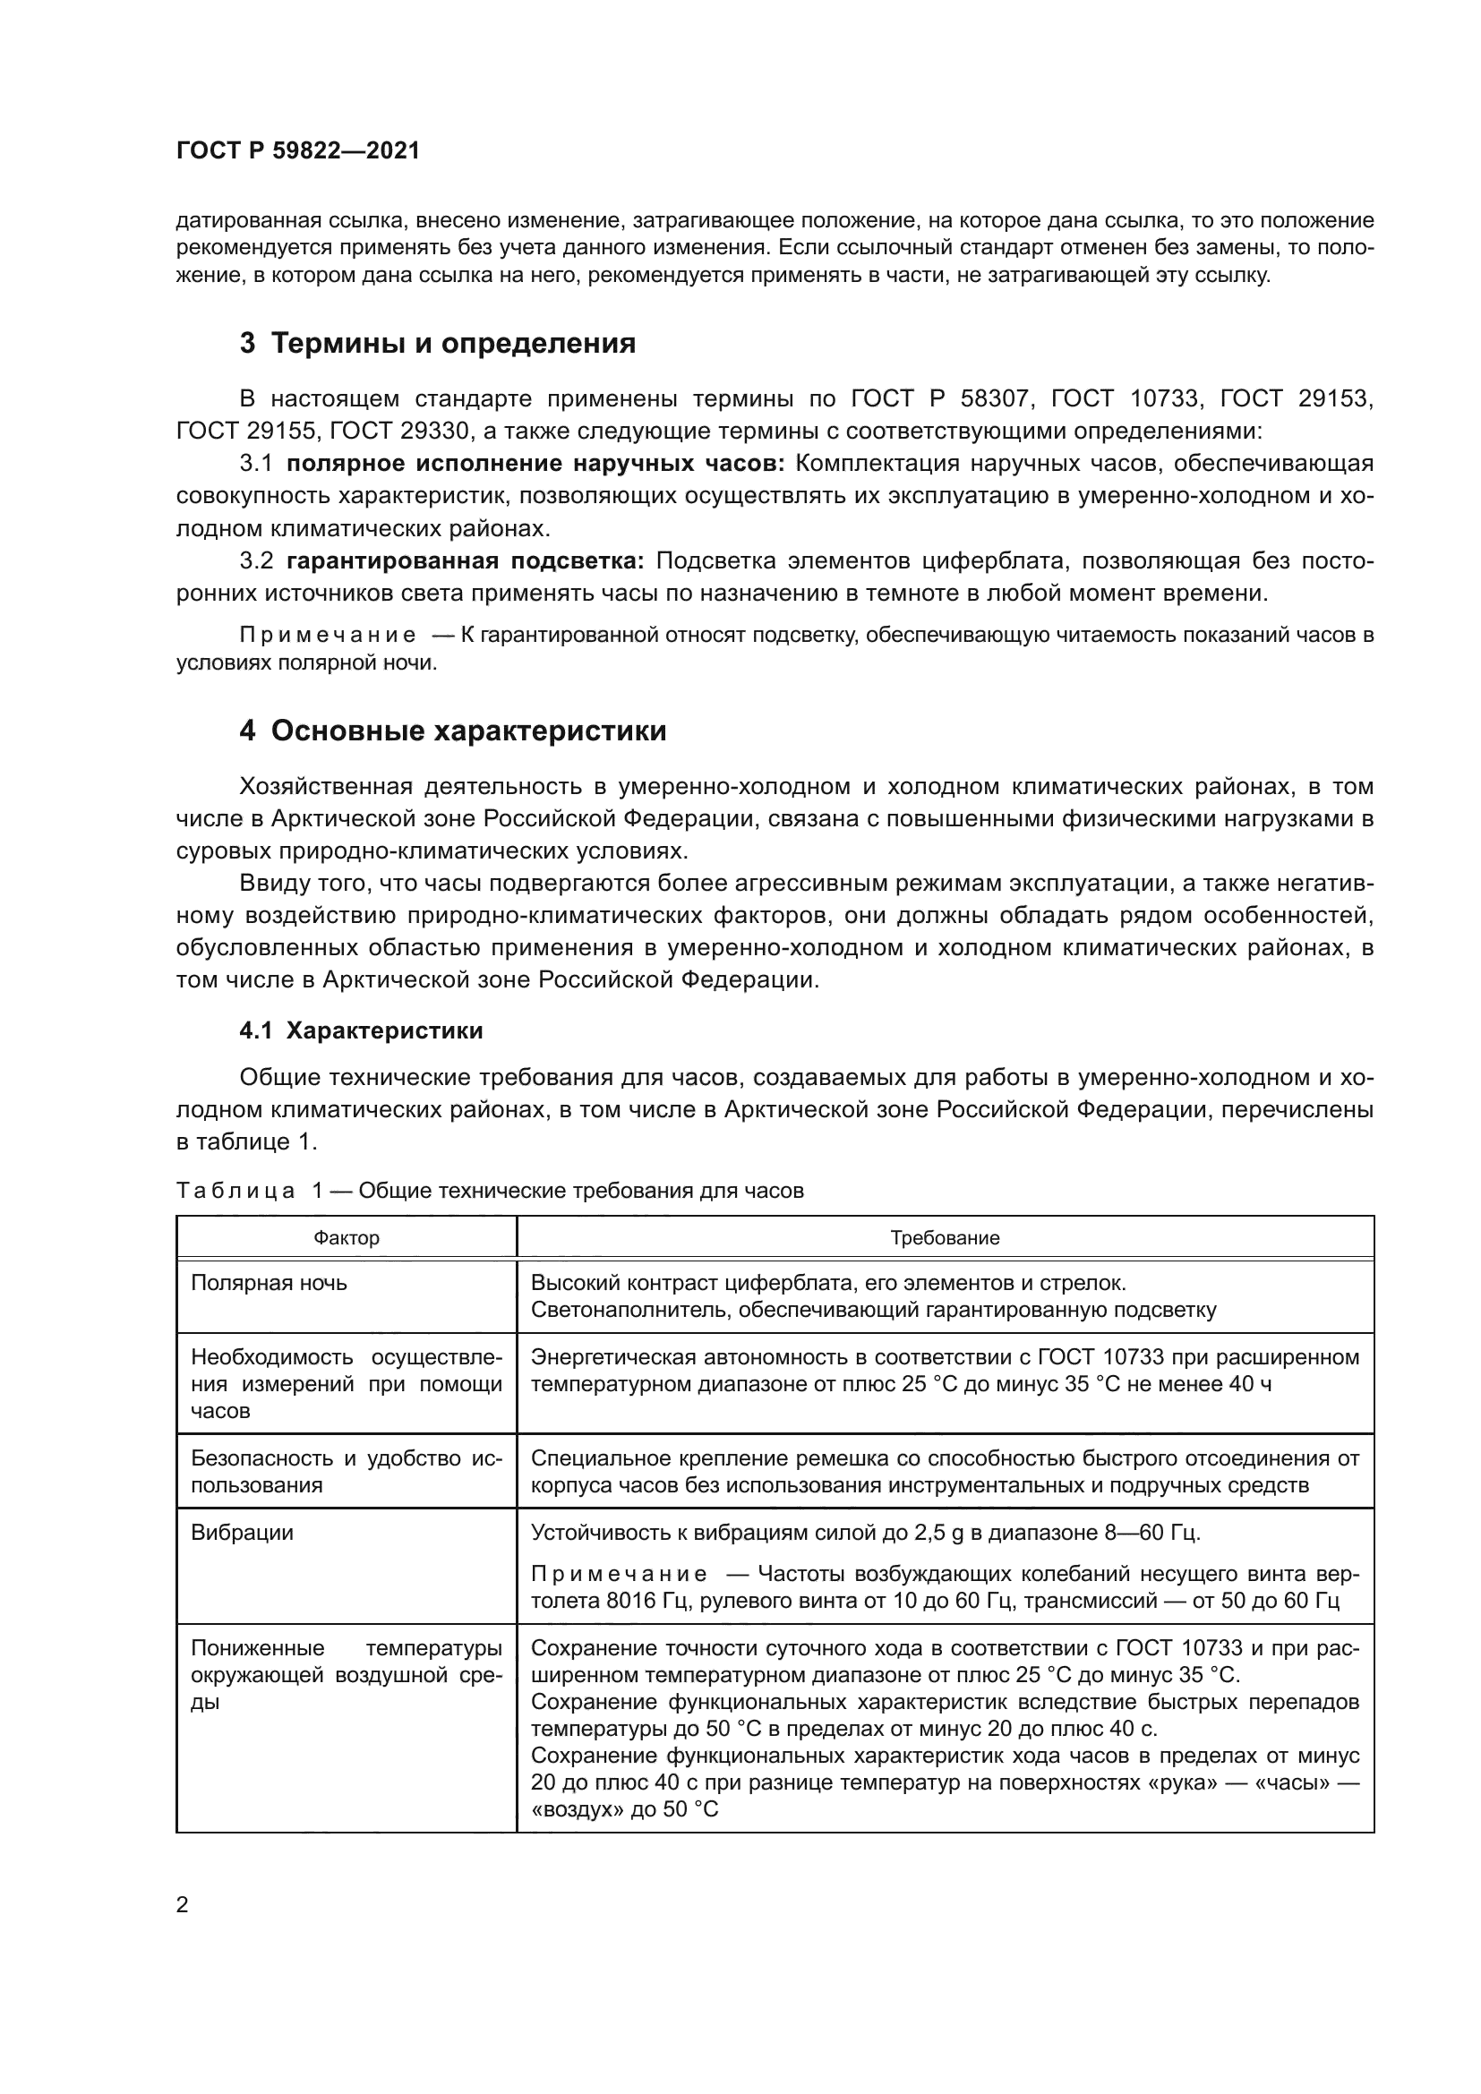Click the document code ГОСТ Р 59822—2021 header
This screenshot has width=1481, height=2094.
click(298, 151)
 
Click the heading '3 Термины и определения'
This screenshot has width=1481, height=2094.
click(438, 344)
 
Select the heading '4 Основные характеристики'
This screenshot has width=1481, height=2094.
click(452, 731)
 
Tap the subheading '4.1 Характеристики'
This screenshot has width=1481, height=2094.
click(361, 1031)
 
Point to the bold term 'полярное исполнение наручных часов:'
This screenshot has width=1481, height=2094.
click(535, 464)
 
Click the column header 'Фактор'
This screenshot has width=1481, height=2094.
click(347, 1238)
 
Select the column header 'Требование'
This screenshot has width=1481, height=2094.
click(945, 1238)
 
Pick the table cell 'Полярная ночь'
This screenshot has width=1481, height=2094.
click(269, 1283)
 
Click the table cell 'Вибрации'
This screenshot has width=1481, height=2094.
click(242, 1532)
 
